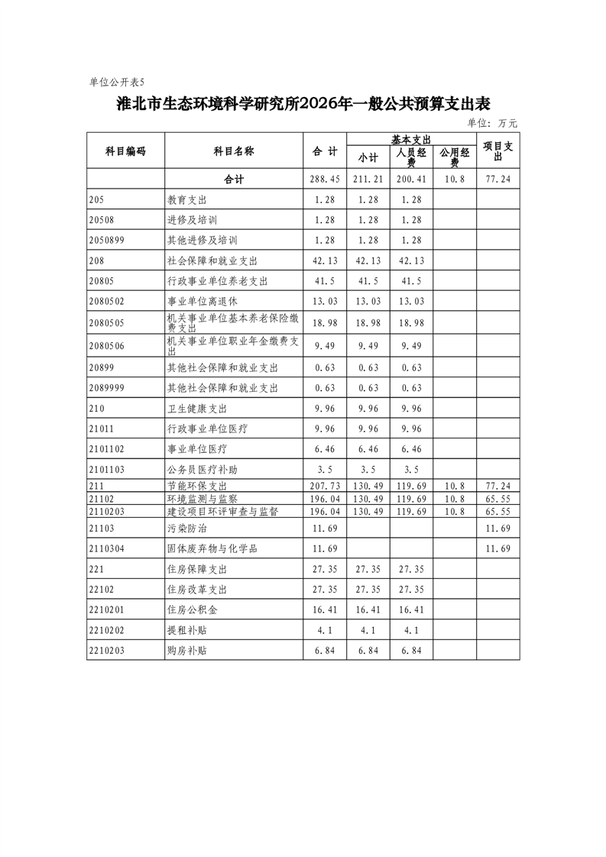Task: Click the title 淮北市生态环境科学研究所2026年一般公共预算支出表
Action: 303,104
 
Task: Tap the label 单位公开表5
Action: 116,82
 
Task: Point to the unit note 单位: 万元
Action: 492,123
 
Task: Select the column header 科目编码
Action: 125,151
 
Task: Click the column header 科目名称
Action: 234,151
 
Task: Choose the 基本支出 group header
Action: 412,139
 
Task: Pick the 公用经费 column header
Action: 455,157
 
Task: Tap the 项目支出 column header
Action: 498,151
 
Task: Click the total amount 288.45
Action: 325,179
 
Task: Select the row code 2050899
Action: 106,240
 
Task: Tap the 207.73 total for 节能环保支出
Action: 325,486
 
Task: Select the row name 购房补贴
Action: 187,651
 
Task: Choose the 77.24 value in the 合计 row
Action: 498,179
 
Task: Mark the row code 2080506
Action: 106,345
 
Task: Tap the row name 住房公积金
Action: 192,610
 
